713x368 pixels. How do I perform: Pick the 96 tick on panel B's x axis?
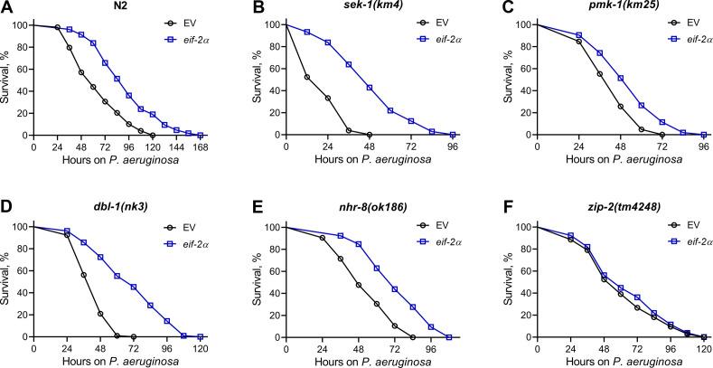tap(452, 146)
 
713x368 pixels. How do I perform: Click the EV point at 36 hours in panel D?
tap(83, 275)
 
